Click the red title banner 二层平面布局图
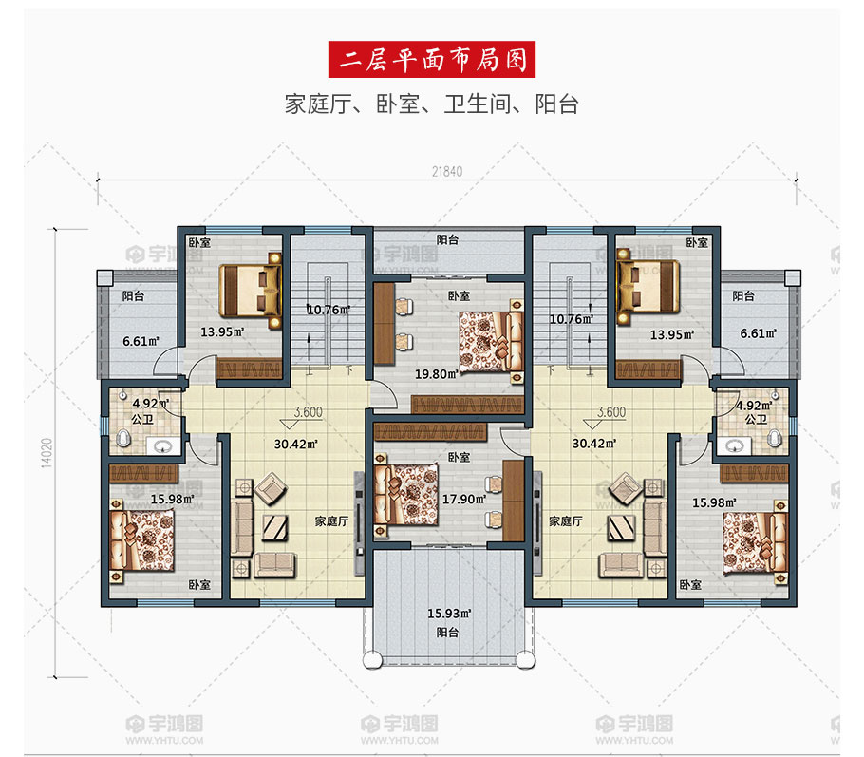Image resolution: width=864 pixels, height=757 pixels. pos(431,59)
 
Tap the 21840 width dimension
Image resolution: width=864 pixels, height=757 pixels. pos(447,172)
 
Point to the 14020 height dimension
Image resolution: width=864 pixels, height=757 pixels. pos(47,453)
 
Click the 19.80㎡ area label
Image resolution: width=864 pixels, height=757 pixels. pos(437,374)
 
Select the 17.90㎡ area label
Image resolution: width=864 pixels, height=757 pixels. pos(464,499)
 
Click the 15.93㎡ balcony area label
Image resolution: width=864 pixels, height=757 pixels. pos(449,613)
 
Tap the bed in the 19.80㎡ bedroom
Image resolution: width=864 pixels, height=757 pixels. pos(491,341)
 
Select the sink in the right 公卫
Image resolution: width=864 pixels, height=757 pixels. pos(734,445)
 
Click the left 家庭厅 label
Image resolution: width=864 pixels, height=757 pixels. pos(331,521)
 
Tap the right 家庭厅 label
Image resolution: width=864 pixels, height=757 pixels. pos(565,521)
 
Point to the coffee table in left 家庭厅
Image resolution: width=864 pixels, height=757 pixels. pos(275,528)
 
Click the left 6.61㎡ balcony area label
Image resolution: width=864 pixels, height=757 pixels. pos(141,341)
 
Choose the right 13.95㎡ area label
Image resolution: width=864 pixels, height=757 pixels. pos(671,334)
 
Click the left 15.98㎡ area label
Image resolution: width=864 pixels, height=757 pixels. pos(173,499)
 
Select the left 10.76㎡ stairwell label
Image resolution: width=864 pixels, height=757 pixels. pos(329,310)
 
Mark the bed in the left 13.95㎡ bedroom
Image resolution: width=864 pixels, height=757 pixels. pos(251,291)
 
